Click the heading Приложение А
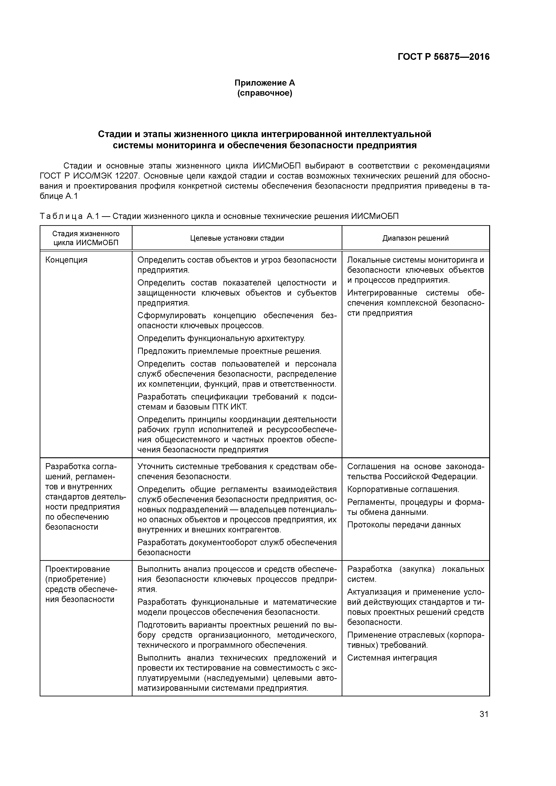coord(265,83)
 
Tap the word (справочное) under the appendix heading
coord(265,93)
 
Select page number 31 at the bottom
coord(484,714)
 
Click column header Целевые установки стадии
coord(237,238)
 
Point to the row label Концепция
coord(66,260)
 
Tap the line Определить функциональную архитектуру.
coord(221,339)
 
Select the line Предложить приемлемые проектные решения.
coord(229,351)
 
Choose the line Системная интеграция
coord(392,658)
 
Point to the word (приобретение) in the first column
coord(75,579)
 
